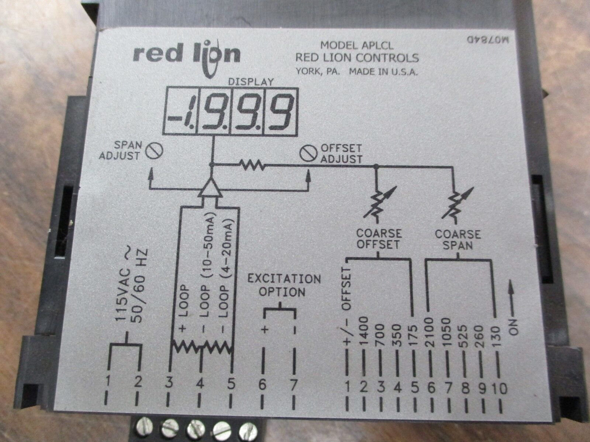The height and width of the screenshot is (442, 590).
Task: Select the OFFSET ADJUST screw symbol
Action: tap(307, 154)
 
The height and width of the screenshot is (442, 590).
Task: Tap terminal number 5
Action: tap(231, 385)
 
